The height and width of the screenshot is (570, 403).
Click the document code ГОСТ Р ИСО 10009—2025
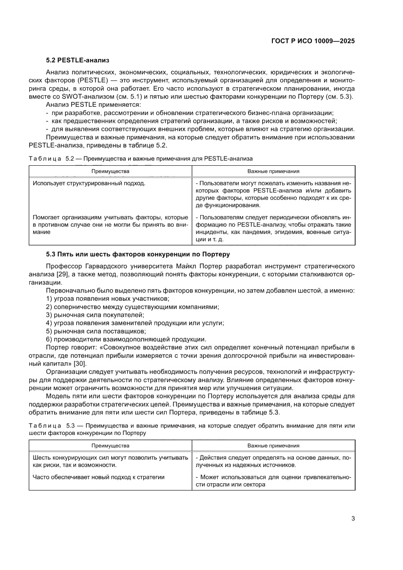click(312, 41)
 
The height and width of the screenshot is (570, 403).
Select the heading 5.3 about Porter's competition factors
click(137, 255)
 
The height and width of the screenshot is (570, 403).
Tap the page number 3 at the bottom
click(352, 518)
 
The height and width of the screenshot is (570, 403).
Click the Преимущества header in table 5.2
click(110, 171)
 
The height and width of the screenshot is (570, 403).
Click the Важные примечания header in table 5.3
click(273, 446)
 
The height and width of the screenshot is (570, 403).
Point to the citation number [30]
click(80, 363)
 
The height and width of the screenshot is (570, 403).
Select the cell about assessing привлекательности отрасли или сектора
click(273, 481)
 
